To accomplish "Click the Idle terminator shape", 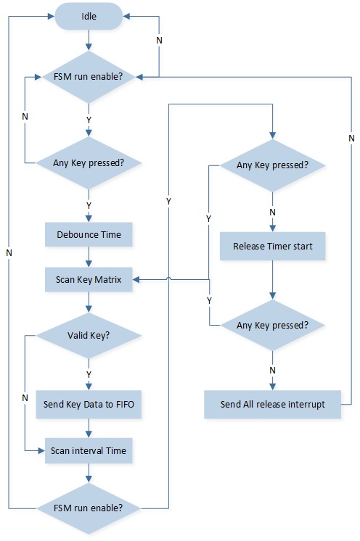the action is (x=89, y=16).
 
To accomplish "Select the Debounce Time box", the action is (x=89, y=235).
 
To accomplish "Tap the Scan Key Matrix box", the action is (x=89, y=279).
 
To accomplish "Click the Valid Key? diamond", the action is (x=89, y=335).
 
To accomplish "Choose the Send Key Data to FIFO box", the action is (x=89, y=405).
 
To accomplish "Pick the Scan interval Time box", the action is (x=89, y=450).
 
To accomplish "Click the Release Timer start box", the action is (x=273, y=246).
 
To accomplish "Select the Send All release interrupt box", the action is (x=273, y=405).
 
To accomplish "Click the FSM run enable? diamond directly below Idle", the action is (x=89, y=77).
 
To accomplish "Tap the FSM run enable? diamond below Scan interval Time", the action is (x=89, y=508).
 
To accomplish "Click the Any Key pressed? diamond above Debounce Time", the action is (x=89, y=163).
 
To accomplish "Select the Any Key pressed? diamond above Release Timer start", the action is (x=273, y=165).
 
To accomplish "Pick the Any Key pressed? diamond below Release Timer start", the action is (x=273, y=326).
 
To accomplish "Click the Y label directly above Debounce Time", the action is (x=89, y=206).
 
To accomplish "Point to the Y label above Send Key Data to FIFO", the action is (x=89, y=374).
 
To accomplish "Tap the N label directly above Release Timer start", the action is (x=272, y=212).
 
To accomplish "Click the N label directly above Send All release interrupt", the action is (x=272, y=370).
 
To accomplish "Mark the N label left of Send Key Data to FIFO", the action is (x=25, y=398).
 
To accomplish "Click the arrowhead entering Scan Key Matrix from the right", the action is (x=136, y=279).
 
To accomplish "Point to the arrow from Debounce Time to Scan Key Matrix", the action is (x=89, y=257).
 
